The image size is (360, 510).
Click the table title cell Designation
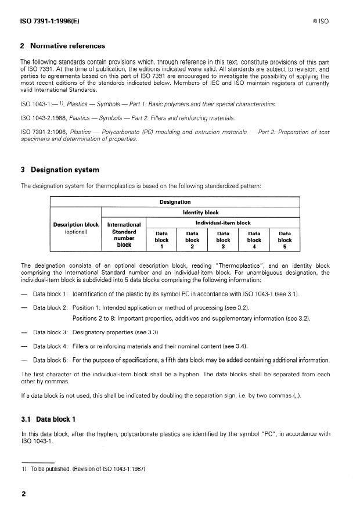pyautogui.click(x=175, y=202)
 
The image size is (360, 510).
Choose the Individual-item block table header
pyautogui.click(x=224, y=222)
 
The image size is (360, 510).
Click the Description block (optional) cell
pyautogui.click(x=77, y=228)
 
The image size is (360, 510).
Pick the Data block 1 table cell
pyautogui.click(x=161, y=239)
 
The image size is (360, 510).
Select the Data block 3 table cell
pyautogui.click(x=224, y=239)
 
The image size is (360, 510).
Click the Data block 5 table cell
pyautogui.click(x=285, y=239)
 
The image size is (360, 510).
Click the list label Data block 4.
pyautogui.click(x=51, y=346)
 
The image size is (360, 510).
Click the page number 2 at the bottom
pyautogui.click(x=23, y=494)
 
